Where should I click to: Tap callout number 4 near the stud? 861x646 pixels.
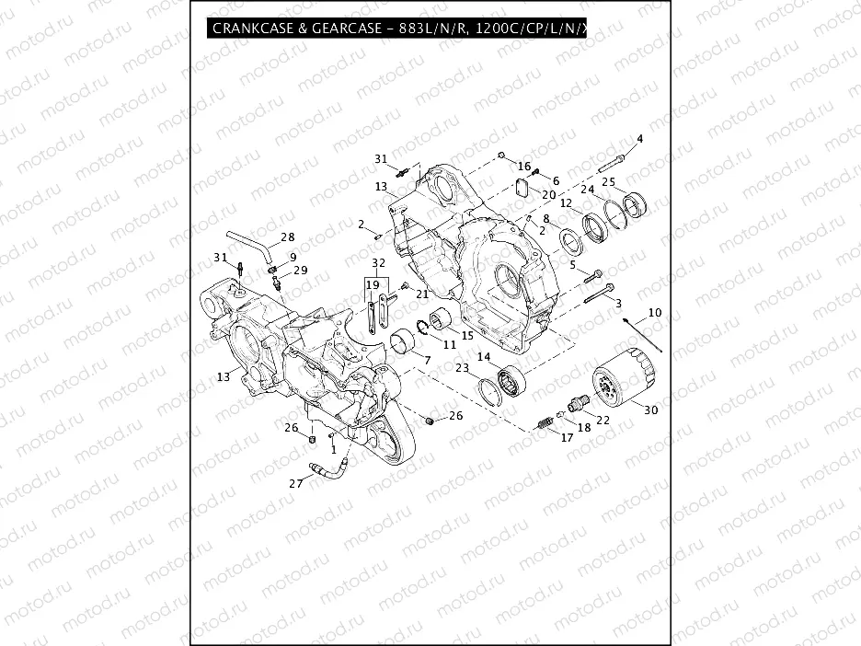(640, 139)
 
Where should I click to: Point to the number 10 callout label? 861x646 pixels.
(655, 314)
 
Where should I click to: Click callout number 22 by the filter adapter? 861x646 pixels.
(603, 420)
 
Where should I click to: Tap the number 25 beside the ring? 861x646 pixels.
(608, 182)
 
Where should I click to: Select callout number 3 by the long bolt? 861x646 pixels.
(618, 303)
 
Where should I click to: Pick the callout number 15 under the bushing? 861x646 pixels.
(466, 336)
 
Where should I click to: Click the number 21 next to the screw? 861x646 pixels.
(422, 294)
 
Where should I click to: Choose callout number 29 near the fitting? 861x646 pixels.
(300, 271)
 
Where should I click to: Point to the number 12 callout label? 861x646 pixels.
(567, 203)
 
